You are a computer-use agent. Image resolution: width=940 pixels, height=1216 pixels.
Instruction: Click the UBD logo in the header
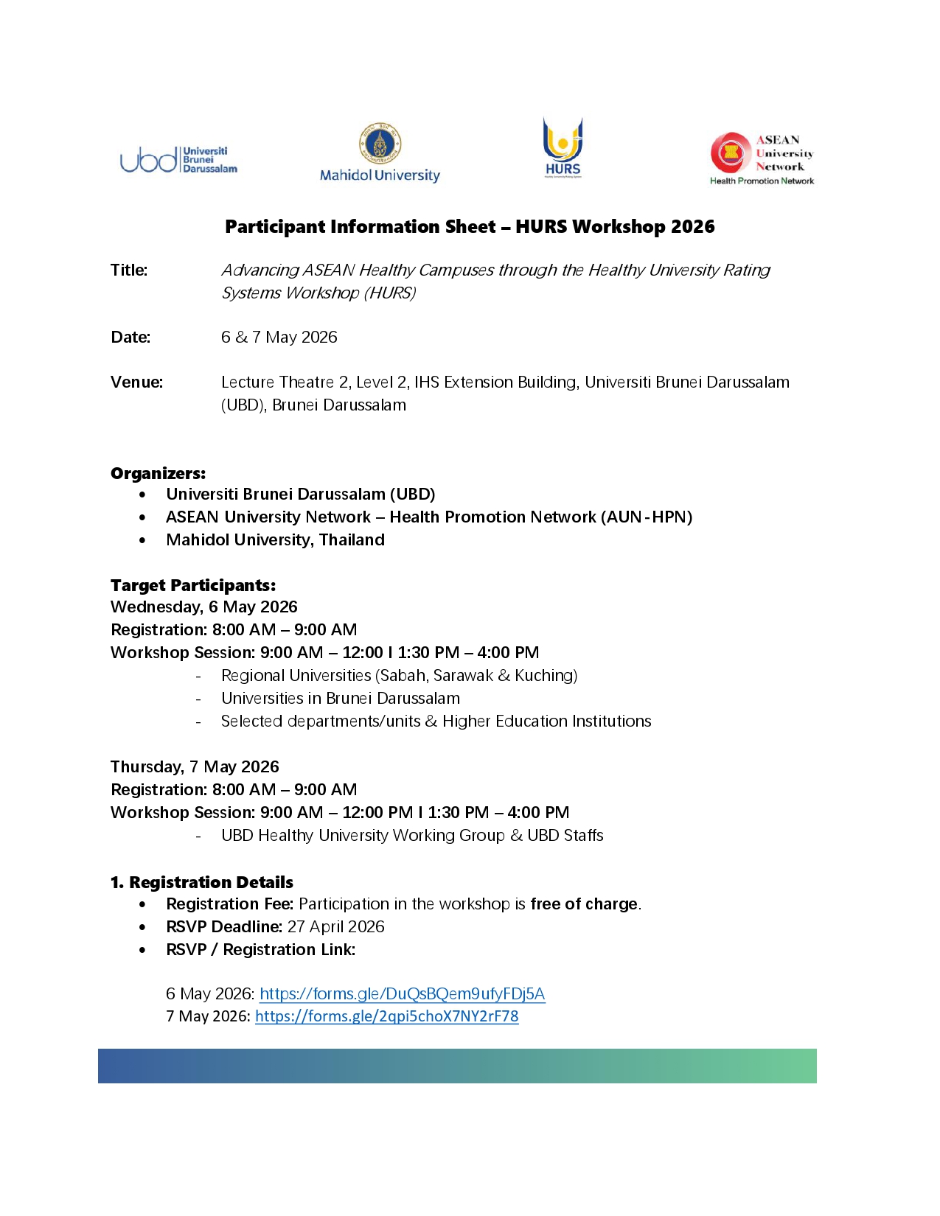coord(178,159)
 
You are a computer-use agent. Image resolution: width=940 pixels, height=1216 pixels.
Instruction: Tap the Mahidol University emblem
coord(380,143)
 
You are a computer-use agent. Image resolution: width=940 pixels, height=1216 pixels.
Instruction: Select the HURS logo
coord(563,147)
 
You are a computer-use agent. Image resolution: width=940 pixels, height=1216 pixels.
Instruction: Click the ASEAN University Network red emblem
coord(730,153)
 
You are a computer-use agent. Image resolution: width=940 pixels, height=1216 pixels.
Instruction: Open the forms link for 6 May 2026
coord(402,993)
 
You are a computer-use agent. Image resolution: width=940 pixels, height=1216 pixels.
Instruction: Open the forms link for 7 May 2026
coord(386,1016)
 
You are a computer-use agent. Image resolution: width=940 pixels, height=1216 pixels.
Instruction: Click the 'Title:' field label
coord(129,270)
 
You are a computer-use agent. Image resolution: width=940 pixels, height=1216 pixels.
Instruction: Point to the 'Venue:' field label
coord(136,382)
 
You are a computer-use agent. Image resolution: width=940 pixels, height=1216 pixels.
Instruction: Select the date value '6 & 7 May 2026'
coord(279,338)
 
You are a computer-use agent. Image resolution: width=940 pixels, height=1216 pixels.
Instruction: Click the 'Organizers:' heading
coord(158,473)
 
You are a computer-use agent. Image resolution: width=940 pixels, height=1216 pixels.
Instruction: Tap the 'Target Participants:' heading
coord(193,585)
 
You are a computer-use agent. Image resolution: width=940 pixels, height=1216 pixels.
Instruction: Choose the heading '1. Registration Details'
coord(201,882)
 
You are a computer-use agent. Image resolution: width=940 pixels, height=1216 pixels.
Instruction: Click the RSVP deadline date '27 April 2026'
coord(336,926)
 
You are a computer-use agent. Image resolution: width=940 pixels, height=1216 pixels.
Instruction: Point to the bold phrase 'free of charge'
coord(584,904)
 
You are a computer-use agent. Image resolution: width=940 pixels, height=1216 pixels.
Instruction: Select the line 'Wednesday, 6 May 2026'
coord(204,607)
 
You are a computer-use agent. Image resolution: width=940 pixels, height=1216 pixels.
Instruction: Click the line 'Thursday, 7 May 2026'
coord(195,766)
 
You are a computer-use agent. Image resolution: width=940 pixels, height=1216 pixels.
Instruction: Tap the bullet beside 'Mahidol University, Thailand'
coord(142,540)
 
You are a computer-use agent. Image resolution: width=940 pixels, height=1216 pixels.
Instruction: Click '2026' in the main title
coord(692,226)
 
